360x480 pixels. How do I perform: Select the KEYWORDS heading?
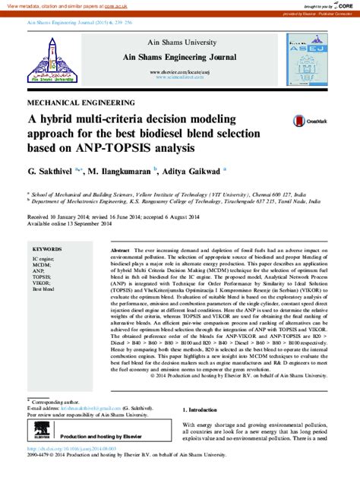[46, 249]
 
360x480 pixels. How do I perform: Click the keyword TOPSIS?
[43, 279]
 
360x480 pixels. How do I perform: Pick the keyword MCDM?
[42, 265]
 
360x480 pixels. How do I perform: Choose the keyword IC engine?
[43, 258]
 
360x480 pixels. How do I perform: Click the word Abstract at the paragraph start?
[120, 250]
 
